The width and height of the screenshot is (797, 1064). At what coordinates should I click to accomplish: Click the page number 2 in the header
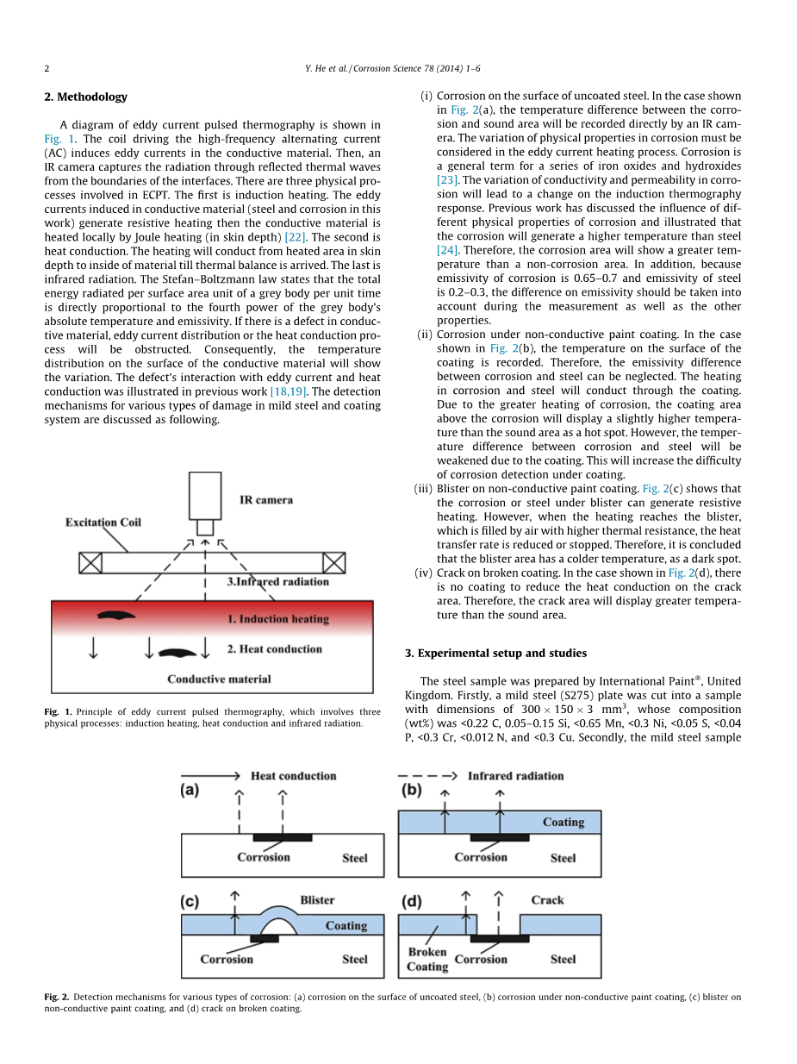tap(47, 69)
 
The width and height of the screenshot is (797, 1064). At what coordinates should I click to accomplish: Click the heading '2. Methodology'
tap(85, 97)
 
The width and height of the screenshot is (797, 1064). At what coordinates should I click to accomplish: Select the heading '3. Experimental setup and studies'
tap(495, 653)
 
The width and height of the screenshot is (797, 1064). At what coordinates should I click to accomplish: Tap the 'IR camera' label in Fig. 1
tap(265, 500)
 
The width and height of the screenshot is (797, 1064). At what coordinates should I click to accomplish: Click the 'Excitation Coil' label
tap(103, 523)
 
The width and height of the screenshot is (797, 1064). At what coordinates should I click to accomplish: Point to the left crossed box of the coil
tap(90, 563)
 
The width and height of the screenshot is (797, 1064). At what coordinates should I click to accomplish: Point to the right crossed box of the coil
tap(333, 563)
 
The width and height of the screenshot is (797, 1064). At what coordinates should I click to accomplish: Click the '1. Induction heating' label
tap(277, 619)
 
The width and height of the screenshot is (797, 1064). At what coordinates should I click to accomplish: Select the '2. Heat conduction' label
tap(274, 649)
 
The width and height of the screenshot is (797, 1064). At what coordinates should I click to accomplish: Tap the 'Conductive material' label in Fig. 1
tap(219, 679)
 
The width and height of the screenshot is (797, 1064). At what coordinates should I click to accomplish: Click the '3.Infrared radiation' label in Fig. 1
tap(277, 582)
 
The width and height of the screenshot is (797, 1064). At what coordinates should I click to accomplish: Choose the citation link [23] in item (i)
tap(447, 180)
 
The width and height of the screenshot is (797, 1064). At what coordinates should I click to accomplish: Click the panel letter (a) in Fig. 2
tap(190, 791)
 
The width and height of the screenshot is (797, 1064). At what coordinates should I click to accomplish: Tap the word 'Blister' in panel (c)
tap(317, 900)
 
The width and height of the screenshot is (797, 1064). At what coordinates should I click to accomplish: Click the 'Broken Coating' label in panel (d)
tap(427, 959)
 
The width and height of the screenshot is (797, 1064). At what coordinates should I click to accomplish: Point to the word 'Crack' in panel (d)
tap(547, 900)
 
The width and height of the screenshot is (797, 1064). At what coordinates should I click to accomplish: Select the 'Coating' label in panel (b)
tap(563, 823)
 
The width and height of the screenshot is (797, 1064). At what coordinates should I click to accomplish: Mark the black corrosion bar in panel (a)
tap(283, 837)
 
